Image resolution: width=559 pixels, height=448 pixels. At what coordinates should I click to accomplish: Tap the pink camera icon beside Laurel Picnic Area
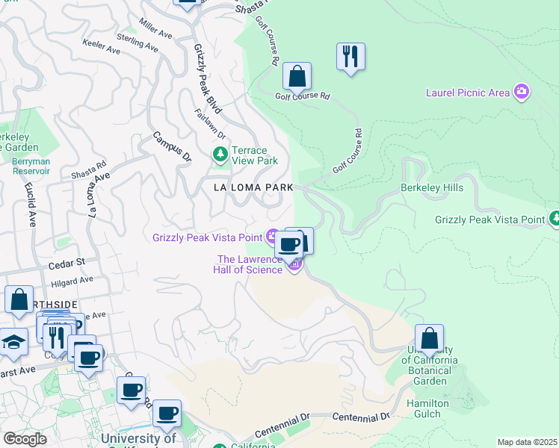[x=522, y=92]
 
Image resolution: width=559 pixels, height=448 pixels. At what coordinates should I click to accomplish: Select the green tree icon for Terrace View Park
[x=220, y=155]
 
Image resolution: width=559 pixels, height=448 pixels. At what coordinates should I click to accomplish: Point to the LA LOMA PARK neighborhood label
[x=253, y=187]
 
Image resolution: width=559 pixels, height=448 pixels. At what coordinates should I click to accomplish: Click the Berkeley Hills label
[x=432, y=187]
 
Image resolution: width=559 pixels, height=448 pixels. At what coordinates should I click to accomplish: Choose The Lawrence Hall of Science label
[x=250, y=264]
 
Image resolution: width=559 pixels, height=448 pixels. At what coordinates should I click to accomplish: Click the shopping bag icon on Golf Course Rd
[x=297, y=76]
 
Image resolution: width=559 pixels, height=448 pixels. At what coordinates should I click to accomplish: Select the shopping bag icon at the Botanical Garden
[x=429, y=338]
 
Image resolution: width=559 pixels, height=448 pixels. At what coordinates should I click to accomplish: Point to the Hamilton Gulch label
[x=428, y=408]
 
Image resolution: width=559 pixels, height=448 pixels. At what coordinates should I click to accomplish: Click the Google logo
[x=25, y=438]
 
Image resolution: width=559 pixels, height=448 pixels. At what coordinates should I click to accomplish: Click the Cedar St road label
[x=67, y=263]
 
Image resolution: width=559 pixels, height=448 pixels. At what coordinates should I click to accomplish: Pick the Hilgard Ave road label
[x=72, y=281]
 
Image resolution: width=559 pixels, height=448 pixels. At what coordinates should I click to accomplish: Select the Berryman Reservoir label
[x=25, y=166]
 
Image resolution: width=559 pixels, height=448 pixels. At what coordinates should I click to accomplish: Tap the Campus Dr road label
[x=173, y=147]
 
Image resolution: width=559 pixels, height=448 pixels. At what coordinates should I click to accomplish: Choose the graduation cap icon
[x=13, y=342]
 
